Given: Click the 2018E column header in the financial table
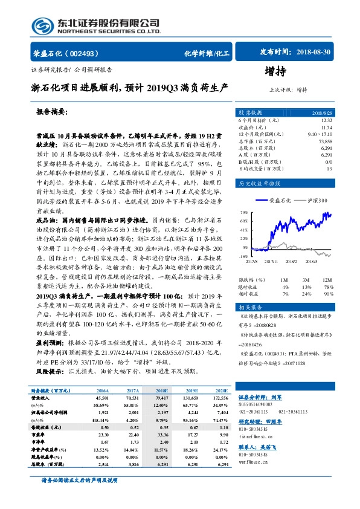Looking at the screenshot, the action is (x=162, y=391).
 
